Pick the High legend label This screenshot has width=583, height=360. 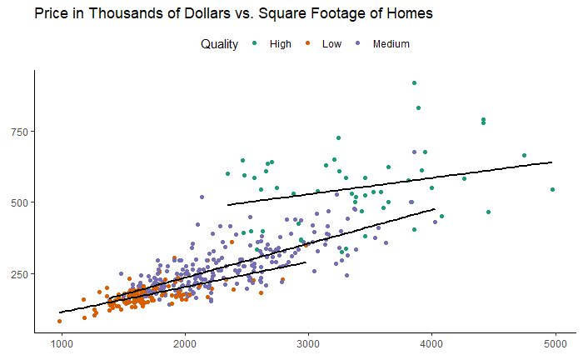[281, 44]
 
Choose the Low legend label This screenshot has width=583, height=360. [331, 44]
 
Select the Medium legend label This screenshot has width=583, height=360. [391, 44]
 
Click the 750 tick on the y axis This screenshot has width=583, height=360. [19, 132]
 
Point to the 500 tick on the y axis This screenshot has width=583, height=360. [19, 202]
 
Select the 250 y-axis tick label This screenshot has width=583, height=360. [19, 274]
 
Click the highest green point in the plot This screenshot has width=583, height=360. [414, 82]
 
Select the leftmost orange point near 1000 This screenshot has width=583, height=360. [59, 321]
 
